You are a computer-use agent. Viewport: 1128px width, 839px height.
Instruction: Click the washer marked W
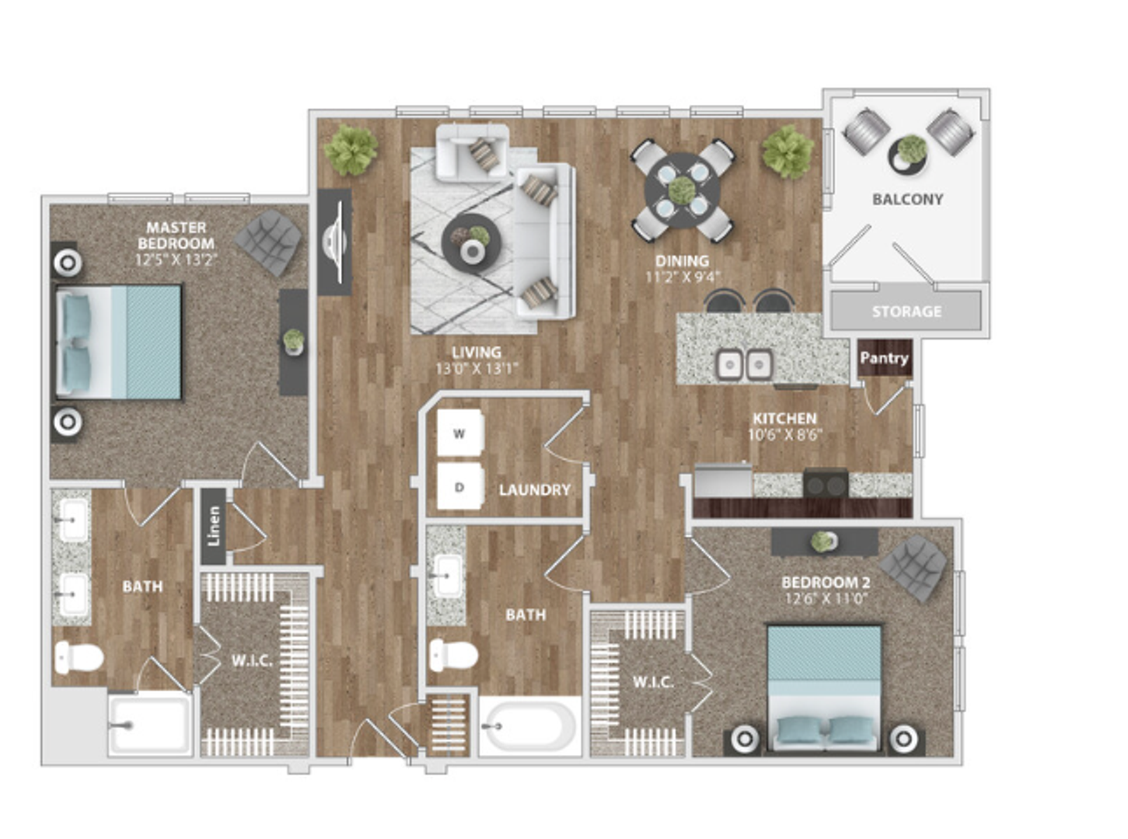tap(460, 433)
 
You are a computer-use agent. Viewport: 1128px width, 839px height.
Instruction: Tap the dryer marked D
tap(460, 486)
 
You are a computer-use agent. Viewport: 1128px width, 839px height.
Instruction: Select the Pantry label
tap(885, 358)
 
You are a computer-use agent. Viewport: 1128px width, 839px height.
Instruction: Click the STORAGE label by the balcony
tap(906, 311)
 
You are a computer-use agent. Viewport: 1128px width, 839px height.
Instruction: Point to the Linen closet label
tap(214, 526)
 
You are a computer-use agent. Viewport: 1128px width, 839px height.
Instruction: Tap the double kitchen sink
tap(744, 364)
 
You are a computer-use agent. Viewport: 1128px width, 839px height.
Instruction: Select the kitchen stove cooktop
tap(826, 484)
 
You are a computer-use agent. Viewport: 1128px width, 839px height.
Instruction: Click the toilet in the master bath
tap(79, 657)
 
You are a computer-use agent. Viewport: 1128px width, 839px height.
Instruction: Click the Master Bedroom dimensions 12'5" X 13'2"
tap(176, 260)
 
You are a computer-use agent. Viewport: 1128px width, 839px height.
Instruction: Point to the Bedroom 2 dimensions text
tap(826, 598)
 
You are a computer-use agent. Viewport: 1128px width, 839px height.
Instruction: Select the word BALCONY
tap(908, 199)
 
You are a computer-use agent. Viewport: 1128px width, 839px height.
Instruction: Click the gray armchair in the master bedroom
tap(268, 242)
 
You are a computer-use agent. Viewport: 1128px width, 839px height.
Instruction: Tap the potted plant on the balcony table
tap(911, 149)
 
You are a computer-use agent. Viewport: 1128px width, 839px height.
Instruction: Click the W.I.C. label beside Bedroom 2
tap(654, 682)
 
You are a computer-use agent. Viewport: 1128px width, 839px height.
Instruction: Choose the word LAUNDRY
tap(535, 490)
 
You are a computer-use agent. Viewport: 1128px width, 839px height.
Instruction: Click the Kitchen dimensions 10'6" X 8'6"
tap(784, 435)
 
